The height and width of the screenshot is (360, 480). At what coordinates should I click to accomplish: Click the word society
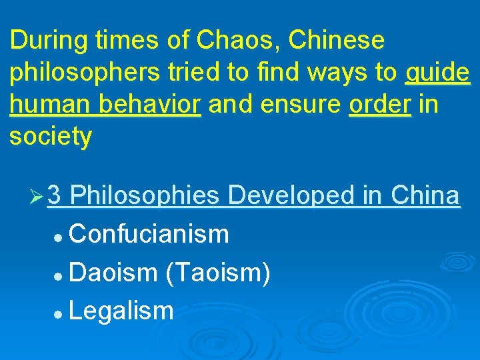[51, 137]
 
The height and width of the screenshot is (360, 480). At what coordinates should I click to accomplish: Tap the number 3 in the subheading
[55, 196]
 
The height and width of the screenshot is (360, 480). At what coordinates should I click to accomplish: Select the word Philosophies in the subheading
[145, 196]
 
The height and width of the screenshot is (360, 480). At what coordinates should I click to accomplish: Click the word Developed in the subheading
[291, 196]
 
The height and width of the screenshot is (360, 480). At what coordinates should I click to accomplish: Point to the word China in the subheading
[425, 196]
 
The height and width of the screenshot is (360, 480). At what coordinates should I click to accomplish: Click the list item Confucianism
[149, 234]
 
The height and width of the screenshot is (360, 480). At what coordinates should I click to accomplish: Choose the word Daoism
[112, 273]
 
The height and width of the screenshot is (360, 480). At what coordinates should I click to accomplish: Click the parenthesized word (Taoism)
[217, 273]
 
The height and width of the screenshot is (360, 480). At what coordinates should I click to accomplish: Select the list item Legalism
[121, 311]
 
